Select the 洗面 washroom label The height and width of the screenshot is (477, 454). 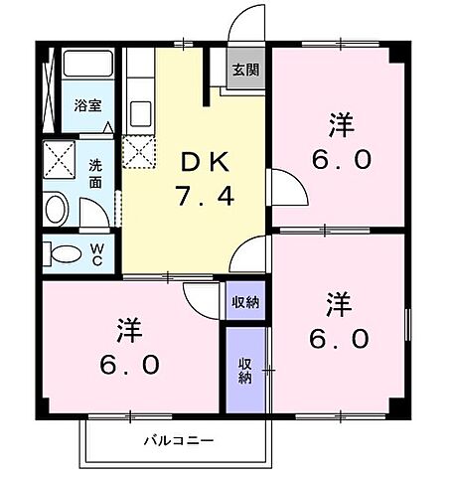(x=95, y=175)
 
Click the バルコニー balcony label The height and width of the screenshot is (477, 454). (x=177, y=438)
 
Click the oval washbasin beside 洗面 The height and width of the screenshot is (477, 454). (x=57, y=208)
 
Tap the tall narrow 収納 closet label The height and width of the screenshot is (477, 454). (x=244, y=370)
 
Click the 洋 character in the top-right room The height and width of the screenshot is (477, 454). (x=341, y=125)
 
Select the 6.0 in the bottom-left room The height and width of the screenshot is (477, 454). (x=129, y=365)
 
